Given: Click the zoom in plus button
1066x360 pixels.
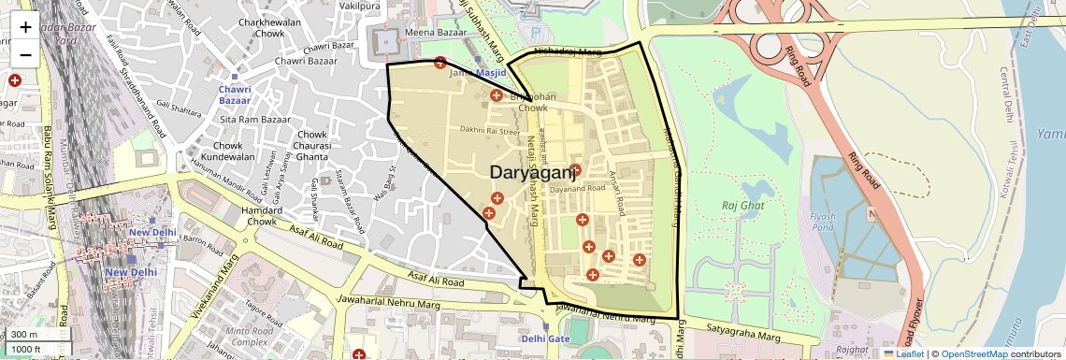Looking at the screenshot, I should click(x=25, y=26).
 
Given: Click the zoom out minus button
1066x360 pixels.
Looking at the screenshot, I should click(x=25, y=54).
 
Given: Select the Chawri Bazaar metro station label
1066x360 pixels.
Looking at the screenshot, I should click(x=235, y=94).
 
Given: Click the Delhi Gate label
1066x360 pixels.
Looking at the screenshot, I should click(x=545, y=338).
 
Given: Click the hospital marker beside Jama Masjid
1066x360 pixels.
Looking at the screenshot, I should click(x=440, y=63).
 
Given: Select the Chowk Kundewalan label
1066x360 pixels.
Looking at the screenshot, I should click(x=228, y=151).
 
